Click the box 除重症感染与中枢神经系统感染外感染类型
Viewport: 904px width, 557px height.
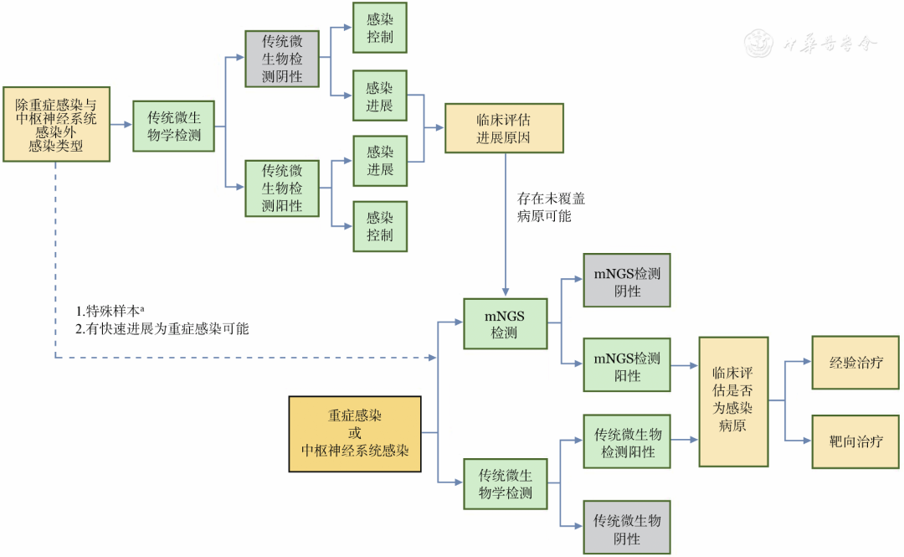point(57,124)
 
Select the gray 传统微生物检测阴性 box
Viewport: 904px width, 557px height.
point(282,59)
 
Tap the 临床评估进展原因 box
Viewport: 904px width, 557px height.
point(504,128)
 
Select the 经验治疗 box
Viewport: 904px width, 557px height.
point(856,364)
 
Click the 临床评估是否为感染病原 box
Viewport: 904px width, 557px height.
point(733,402)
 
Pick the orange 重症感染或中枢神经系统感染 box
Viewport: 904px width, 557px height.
point(355,434)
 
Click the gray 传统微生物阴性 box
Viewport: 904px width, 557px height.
point(627,529)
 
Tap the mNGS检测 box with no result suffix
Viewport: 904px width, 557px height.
point(505,324)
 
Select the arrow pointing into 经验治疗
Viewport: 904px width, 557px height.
point(799,364)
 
